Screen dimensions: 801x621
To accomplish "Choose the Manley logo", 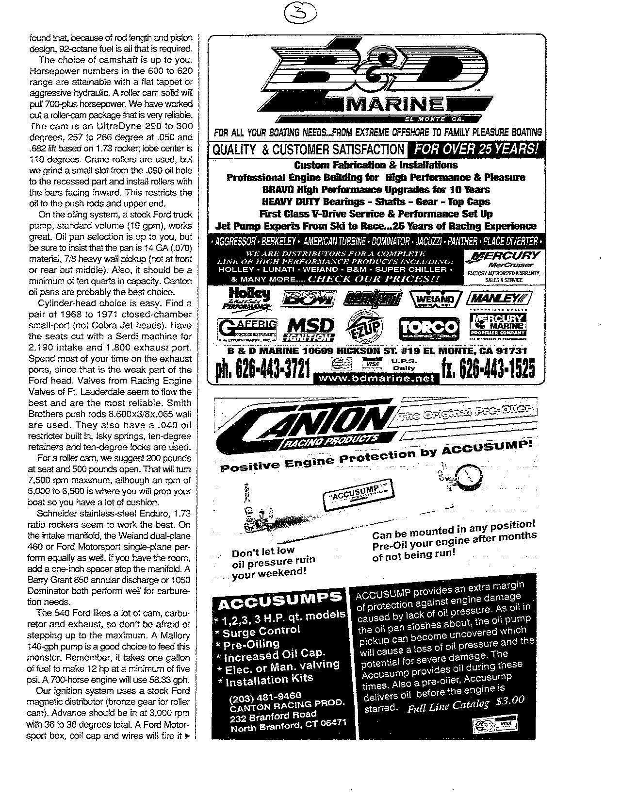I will [498, 297].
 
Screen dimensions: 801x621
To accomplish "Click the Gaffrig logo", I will [247, 329].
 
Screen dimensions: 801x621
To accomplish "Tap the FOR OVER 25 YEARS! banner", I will [477, 149].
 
